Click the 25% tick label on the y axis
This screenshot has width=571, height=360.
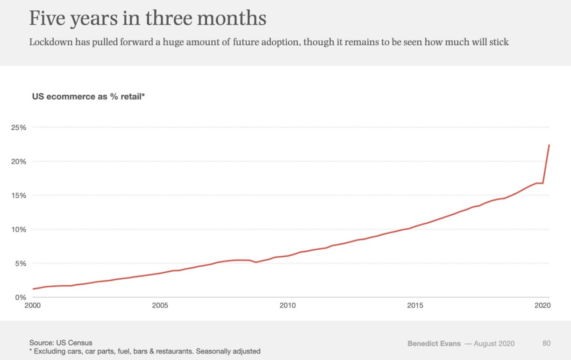18,127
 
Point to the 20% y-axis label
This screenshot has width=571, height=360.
18,162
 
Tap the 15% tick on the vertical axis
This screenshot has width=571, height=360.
18,196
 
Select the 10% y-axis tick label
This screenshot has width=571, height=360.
18,230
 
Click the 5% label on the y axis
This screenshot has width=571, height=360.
21,263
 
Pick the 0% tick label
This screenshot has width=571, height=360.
21,297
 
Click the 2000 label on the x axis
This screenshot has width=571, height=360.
33,305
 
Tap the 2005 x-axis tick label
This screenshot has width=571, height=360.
160,305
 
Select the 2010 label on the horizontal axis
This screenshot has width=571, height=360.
287,305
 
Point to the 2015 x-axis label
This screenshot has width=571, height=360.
415,305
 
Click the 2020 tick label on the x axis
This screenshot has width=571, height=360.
542,305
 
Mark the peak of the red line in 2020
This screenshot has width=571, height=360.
549,145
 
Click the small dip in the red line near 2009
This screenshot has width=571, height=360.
256,262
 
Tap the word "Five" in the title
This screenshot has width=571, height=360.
47,18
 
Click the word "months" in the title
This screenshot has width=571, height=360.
231,18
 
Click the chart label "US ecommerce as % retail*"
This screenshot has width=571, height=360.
88,97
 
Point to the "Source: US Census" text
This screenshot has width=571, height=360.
61,343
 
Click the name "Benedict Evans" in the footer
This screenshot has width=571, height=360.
434,344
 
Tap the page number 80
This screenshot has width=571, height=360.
547,344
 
